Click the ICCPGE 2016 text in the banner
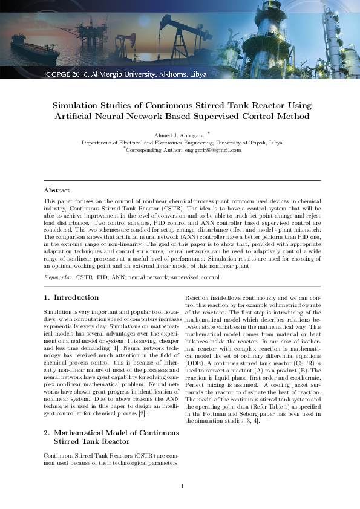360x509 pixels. click(67, 75)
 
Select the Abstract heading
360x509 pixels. click(56, 190)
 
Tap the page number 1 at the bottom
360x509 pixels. click(182, 486)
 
